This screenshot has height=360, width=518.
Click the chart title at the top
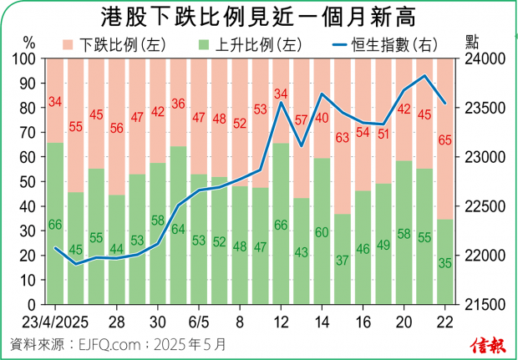point(258,17)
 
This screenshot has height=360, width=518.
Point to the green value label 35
point(444,264)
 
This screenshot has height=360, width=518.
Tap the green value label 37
point(342,260)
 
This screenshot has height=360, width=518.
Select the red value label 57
point(301,119)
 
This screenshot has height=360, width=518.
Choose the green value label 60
point(322,233)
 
